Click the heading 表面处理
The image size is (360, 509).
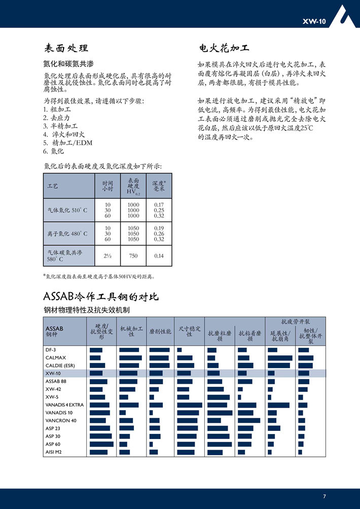pyautogui.click(x=66, y=49)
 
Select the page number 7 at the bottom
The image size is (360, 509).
pyautogui.click(x=324, y=496)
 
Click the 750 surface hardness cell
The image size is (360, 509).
pyautogui.click(x=133, y=256)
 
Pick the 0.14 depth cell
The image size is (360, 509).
pyautogui.click(x=159, y=256)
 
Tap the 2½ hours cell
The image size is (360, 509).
pyautogui.click(x=107, y=256)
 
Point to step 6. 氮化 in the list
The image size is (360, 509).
pyautogui.click(x=54, y=151)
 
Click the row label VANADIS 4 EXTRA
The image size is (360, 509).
pyautogui.click(x=64, y=405)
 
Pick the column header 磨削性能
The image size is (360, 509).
pyautogui.click(x=160, y=332)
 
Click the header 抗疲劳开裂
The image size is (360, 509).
pyautogui.click(x=295, y=321)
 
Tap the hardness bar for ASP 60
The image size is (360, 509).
pyautogui.click(x=101, y=444)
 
